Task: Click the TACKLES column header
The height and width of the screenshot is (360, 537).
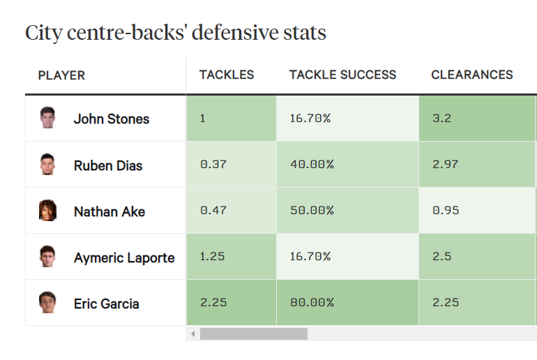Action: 227,75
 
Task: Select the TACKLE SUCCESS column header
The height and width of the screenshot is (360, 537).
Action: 342,75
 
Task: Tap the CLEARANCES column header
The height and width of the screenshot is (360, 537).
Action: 471,75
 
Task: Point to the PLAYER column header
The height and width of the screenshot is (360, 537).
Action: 61,75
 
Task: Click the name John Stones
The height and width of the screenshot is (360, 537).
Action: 112,119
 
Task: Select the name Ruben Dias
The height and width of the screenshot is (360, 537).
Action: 108,165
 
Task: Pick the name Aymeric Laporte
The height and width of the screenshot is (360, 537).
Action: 124,257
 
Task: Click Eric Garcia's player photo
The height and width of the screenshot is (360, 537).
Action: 47,303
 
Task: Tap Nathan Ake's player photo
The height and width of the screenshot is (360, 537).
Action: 47,210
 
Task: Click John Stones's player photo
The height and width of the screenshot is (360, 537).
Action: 47,117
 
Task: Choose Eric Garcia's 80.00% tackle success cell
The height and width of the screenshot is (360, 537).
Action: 312,303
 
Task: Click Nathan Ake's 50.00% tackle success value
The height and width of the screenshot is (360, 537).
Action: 312,210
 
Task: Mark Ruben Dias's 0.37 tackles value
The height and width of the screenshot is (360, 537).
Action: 213,164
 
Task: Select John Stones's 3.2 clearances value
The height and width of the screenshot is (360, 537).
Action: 441,118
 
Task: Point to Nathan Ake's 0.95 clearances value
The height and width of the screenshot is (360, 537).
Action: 446,210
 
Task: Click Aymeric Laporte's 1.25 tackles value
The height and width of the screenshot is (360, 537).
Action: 212,256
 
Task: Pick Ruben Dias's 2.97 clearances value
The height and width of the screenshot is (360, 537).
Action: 446,164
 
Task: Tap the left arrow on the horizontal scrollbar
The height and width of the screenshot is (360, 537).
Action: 193,334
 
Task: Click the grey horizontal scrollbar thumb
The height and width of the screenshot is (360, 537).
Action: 253,334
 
